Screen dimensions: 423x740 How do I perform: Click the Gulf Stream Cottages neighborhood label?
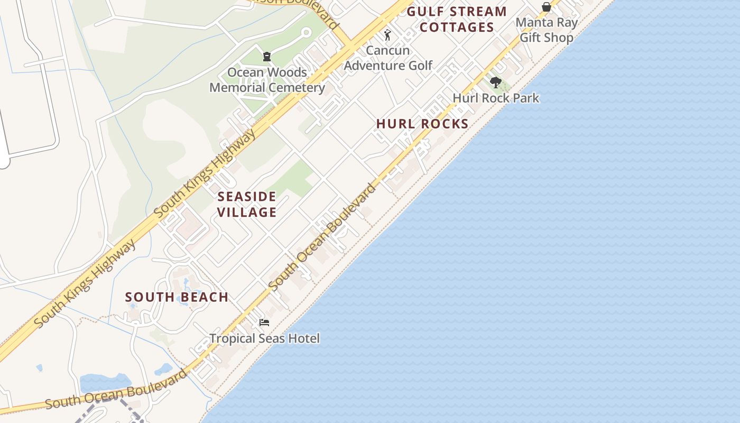point(457,20)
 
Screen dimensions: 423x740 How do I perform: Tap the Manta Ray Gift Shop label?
point(547,30)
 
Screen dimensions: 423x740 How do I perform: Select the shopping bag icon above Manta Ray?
point(547,7)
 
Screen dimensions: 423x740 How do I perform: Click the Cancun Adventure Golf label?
point(388,58)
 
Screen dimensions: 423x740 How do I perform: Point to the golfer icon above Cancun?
point(387,35)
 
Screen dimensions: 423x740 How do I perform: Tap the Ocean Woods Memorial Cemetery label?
point(267,80)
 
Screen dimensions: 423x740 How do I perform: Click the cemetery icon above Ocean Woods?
point(267,56)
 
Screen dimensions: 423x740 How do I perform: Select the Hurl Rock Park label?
point(496,98)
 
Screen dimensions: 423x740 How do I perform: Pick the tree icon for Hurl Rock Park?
point(495,82)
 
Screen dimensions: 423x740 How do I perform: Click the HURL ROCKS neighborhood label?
point(422,124)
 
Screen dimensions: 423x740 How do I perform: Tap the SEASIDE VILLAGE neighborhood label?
point(247,205)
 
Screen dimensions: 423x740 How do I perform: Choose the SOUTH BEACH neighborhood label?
point(177,297)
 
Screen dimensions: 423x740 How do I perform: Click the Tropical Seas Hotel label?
point(264,338)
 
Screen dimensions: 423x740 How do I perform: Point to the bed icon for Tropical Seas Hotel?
point(264,322)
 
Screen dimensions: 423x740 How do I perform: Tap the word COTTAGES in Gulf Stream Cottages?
point(457,27)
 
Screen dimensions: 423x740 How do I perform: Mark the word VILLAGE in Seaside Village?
point(247,213)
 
